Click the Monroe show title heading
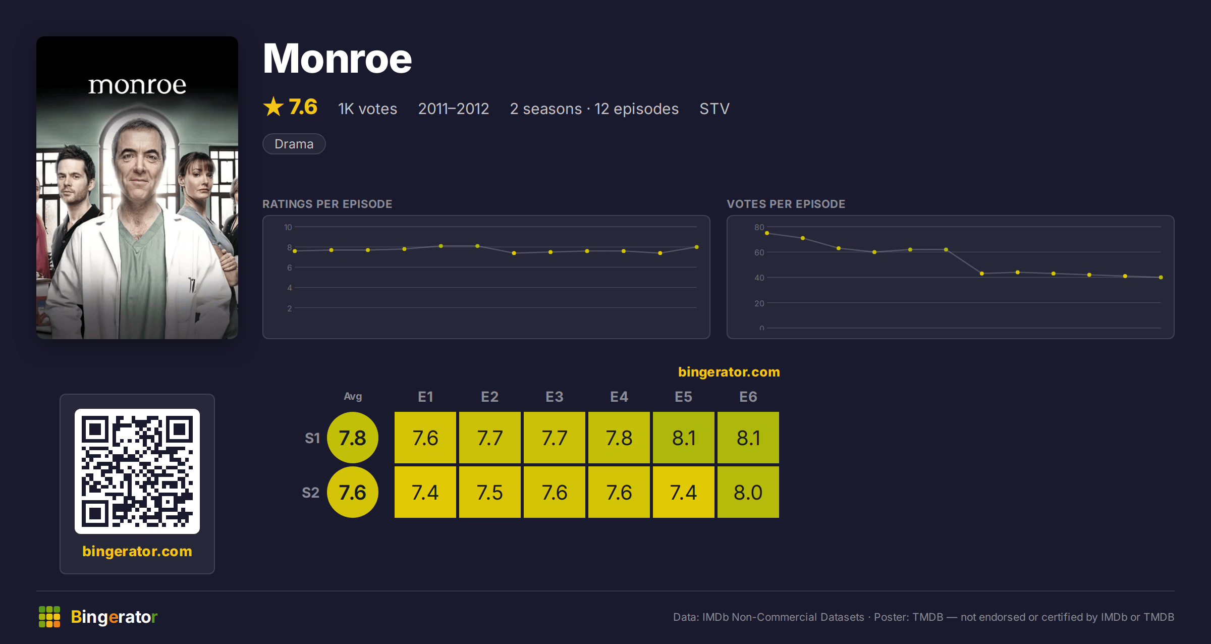(x=337, y=59)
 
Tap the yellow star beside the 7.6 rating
(x=273, y=106)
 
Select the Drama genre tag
(x=294, y=144)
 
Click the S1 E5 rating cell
(x=684, y=438)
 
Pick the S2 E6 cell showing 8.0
(x=748, y=492)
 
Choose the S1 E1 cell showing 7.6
(x=425, y=438)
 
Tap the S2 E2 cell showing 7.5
(x=490, y=492)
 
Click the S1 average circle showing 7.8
(x=353, y=438)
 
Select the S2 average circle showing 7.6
(x=353, y=492)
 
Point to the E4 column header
(x=619, y=397)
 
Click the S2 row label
(x=311, y=493)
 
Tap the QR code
(x=137, y=471)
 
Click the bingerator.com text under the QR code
(x=137, y=551)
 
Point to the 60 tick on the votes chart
(x=759, y=252)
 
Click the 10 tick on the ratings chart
(x=288, y=227)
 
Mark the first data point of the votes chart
(x=767, y=233)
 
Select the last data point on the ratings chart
(x=697, y=247)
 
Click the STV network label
(x=714, y=109)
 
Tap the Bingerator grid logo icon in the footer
(x=49, y=617)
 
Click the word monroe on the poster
(x=137, y=85)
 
